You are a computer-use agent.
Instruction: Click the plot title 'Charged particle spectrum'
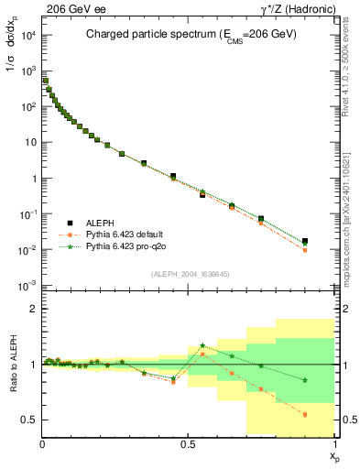point(157,36)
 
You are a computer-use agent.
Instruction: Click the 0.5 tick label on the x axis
point(189,443)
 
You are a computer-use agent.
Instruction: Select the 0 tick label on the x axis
point(43,443)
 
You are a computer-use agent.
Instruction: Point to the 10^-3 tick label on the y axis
point(27,286)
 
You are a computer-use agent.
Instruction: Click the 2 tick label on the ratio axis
point(33,310)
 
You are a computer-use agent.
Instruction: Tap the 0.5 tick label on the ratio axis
point(29,420)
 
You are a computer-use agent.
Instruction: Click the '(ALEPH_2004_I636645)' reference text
point(189,273)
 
